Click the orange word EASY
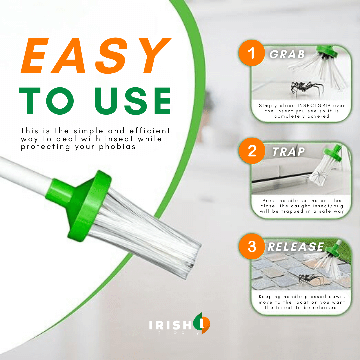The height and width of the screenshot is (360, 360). coord(96,56)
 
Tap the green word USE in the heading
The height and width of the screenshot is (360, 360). coord(133,101)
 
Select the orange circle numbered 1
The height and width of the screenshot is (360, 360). coord(252,53)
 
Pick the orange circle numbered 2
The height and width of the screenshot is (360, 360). coord(252,151)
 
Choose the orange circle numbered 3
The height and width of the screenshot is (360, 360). coord(252,247)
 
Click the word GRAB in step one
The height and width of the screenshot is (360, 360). coord(287,54)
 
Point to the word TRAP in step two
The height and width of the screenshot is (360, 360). coord(288,152)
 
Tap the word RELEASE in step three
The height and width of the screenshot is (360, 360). coord(296,247)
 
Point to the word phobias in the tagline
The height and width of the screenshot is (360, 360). coord(117,147)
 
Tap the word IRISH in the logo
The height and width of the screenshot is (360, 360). coord(170,325)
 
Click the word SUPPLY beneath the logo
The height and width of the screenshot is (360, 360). coord(179,333)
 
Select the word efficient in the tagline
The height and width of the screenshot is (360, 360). coord(150,131)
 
